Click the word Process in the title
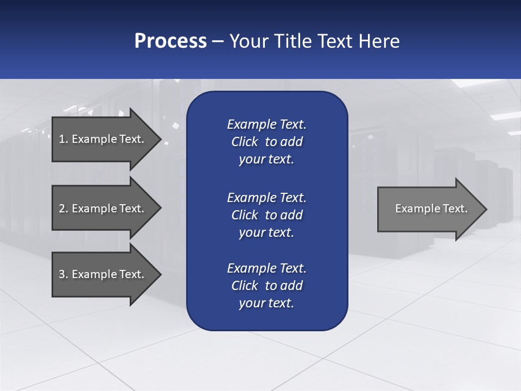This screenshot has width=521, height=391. (170, 41)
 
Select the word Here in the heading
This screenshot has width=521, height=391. (379, 41)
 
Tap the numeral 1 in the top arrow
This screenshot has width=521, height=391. (61, 139)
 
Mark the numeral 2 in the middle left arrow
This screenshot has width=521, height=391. (62, 209)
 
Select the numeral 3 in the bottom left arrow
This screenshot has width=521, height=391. (62, 274)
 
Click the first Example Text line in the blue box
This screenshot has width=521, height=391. (266, 124)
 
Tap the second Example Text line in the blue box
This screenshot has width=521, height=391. (266, 197)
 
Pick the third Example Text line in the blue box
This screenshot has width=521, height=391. (266, 268)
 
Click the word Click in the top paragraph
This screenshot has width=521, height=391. (244, 142)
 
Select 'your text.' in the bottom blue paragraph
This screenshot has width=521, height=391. (266, 303)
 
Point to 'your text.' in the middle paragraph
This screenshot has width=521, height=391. (266, 232)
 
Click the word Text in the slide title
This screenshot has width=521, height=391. (335, 41)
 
